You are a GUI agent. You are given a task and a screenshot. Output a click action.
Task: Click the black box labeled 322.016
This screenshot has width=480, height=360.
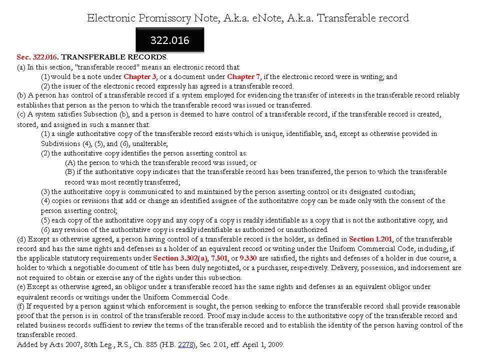170,40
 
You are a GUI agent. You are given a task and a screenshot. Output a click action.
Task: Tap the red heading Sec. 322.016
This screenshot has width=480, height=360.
37,57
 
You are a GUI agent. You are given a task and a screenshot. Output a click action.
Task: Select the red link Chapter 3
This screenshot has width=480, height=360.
140,76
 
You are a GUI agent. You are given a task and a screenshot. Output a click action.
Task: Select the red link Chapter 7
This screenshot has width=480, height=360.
243,76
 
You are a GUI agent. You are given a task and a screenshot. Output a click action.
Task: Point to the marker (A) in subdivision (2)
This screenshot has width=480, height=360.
70,162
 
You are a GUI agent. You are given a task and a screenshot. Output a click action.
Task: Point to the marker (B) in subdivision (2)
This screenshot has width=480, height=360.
70,172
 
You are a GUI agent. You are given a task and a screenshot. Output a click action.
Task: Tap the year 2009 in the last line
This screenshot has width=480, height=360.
276,344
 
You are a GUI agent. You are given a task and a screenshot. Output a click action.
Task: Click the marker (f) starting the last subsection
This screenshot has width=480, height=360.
21,306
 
